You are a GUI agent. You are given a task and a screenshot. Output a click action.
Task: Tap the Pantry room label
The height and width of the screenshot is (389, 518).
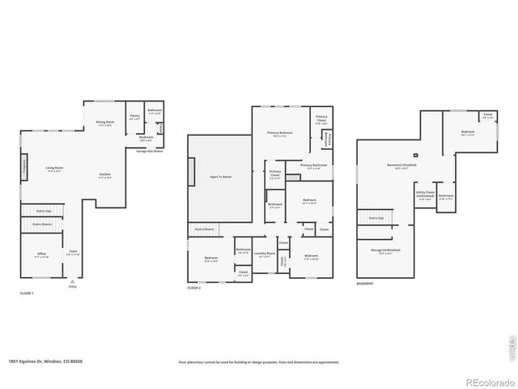(134, 117)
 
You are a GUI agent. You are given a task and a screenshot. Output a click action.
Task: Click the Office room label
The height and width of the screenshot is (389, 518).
(41, 254)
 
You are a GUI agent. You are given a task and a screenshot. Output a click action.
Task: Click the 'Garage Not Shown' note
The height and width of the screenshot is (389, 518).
(150, 151)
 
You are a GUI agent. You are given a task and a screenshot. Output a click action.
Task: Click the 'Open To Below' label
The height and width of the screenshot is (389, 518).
(220, 176)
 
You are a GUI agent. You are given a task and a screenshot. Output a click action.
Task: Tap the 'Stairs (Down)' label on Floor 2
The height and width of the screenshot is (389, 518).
(205, 229)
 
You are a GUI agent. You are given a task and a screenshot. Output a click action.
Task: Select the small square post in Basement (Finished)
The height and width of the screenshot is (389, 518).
(415, 155)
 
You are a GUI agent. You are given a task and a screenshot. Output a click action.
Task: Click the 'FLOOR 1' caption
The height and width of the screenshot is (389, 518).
(27, 293)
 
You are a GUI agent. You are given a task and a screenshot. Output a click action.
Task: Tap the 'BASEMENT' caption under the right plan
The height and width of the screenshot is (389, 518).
(366, 284)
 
